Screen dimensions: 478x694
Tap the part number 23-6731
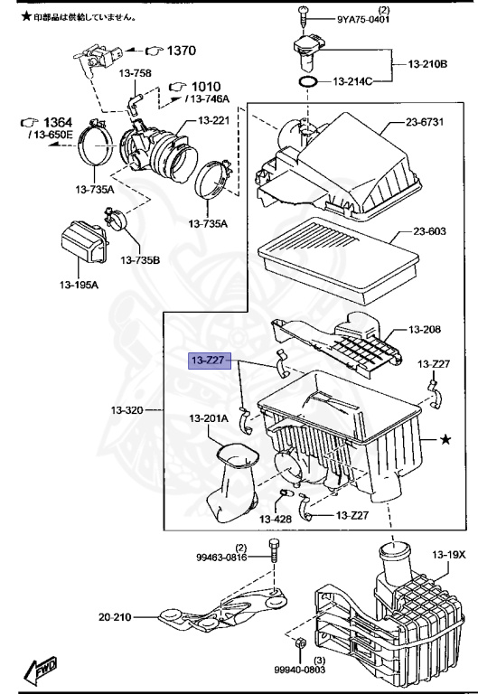pyautogui.click(x=425, y=122)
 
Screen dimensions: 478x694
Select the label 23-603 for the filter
pyautogui.click(x=429, y=231)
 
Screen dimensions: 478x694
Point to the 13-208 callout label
pyautogui.click(x=425, y=329)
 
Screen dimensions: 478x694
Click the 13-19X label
pyautogui.click(x=449, y=554)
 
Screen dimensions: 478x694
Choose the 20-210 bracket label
pyautogui.click(x=115, y=616)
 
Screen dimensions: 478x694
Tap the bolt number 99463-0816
pyautogui.click(x=221, y=558)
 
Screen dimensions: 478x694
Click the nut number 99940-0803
pyautogui.click(x=299, y=670)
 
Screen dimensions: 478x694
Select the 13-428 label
pyautogui.click(x=276, y=519)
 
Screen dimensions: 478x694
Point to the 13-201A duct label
pyautogui.click(x=209, y=418)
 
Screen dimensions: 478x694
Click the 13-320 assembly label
pyautogui.click(x=127, y=410)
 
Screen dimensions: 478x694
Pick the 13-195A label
pyautogui.click(x=80, y=285)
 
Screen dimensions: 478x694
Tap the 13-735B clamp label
pyautogui.click(x=140, y=260)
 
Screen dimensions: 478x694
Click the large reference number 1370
pyautogui.click(x=182, y=51)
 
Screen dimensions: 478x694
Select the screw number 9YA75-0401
pyautogui.click(x=363, y=19)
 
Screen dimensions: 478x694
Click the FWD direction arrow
pyautogui.click(x=42, y=670)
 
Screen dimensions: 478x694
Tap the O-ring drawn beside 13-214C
pyautogui.click(x=308, y=82)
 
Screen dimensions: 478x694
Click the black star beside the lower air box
pyautogui.click(x=445, y=439)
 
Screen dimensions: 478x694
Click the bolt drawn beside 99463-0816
pyautogui.click(x=275, y=551)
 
